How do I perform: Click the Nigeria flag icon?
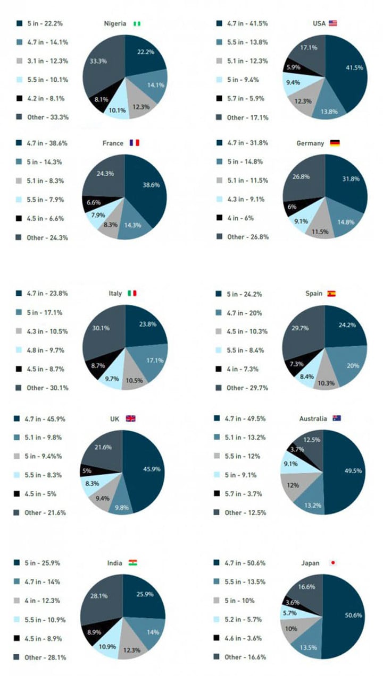(137, 23)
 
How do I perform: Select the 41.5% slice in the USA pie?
(348, 68)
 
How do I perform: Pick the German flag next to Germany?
(335, 143)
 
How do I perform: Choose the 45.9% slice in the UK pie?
(146, 468)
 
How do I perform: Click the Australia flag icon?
(336, 418)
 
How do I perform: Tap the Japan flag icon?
(333, 563)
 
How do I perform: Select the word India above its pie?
(114, 563)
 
